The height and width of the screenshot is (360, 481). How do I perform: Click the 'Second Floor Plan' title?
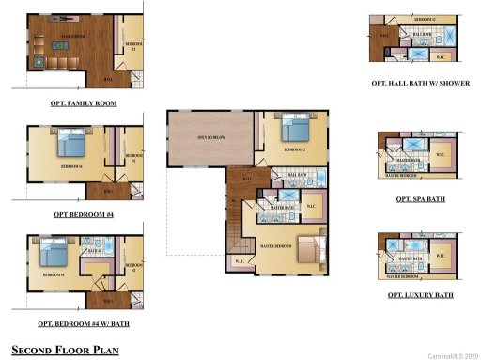click(x=65, y=349)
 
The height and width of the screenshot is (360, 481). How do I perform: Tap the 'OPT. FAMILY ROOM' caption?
click(x=84, y=103)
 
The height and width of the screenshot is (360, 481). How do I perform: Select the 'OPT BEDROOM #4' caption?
click(x=83, y=214)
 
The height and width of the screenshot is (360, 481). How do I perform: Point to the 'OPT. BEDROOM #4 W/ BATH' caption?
click(x=84, y=323)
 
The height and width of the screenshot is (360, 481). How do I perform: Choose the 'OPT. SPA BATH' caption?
click(x=420, y=199)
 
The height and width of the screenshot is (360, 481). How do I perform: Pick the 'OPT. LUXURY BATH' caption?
click(x=420, y=295)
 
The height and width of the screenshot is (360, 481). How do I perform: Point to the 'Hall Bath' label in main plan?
click(x=297, y=175)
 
